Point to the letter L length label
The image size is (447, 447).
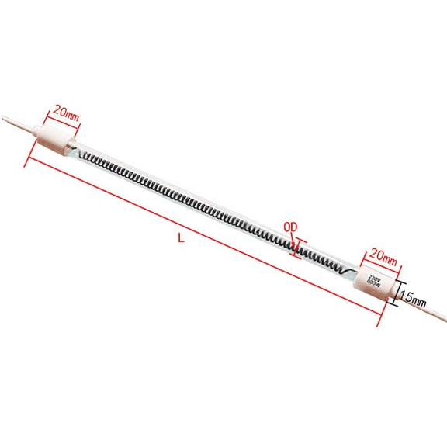tap(182, 238)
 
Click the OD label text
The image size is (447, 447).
tap(291, 227)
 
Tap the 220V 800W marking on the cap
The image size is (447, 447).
tap(372, 282)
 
